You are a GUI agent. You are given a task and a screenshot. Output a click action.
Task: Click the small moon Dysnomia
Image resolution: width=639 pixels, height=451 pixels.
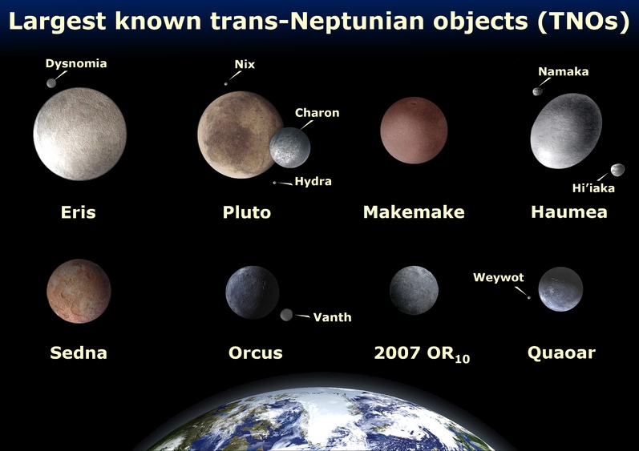coord(51,83)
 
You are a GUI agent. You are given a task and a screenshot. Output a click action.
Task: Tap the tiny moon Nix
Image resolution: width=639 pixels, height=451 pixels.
coord(226,84)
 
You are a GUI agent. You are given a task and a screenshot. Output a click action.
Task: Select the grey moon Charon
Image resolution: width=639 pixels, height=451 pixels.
coord(289,147)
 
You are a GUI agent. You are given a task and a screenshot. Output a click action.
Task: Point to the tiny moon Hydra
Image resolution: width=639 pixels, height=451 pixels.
coord(275,183)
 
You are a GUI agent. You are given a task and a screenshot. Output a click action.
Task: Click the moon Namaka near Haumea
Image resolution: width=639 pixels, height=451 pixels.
coord(537,91)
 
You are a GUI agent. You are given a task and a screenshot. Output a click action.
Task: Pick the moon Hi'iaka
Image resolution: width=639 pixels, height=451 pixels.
coord(617,170)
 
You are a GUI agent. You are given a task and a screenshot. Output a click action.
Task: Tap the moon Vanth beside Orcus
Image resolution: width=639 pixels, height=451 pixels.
coord(286,315)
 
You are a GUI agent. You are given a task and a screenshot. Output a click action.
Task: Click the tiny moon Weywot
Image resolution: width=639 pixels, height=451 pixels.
coord(529,297)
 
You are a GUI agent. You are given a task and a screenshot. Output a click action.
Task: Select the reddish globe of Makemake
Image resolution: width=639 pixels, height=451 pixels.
coord(414,131)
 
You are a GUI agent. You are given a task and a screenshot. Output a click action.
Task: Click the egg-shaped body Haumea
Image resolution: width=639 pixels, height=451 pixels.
coord(566,131)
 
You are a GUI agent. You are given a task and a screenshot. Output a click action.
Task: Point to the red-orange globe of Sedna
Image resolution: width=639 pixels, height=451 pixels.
coord(79,291)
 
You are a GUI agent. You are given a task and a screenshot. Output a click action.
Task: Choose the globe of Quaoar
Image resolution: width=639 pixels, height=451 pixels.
coord(560,289)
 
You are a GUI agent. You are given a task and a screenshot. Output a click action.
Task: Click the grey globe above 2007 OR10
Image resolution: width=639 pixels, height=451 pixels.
coord(414,290)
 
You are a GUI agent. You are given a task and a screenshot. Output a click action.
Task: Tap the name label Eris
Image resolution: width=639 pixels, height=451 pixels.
coord(79,212)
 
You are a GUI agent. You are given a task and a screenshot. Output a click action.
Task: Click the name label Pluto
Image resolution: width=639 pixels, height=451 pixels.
coord(247,212)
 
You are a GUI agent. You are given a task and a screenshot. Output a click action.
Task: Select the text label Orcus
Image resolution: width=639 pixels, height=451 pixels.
coord(256,352)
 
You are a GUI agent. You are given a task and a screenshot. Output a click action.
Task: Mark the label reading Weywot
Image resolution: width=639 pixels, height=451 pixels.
coord(499,278)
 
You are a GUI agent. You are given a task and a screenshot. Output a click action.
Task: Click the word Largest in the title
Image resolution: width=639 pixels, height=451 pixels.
coord(57,21)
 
